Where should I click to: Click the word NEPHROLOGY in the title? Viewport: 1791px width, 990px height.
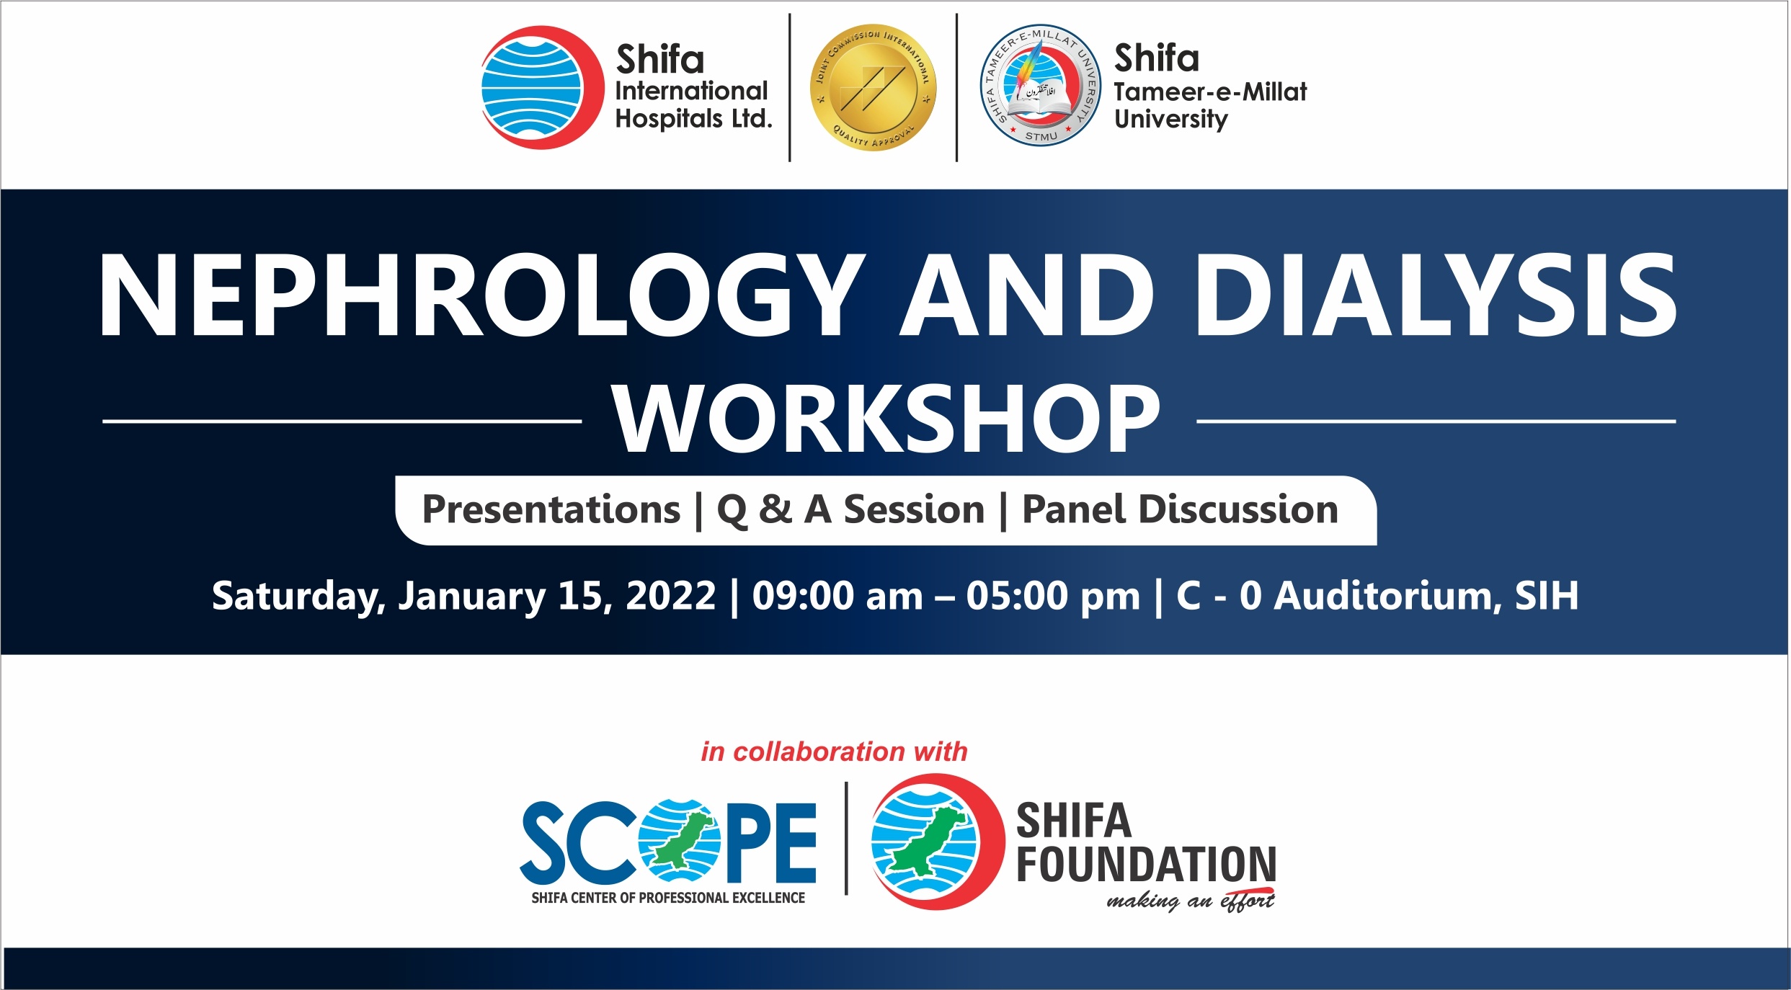point(481,295)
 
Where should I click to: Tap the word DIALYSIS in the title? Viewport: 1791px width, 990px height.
point(1436,295)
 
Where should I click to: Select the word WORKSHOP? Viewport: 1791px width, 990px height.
point(886,419)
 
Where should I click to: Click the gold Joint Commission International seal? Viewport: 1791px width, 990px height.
point(874,87)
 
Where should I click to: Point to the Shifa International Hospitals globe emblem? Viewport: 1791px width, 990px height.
point(542,87)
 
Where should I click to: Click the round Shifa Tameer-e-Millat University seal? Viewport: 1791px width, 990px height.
point(1040,86)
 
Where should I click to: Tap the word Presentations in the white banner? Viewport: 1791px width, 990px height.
point(551,509)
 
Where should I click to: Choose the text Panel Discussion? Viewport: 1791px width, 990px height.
point(1180,509)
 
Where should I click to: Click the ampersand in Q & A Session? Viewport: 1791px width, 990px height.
point(775,509)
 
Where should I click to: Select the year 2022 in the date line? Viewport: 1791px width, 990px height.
point(670,595)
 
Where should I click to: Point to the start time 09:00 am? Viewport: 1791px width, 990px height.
point(837,595)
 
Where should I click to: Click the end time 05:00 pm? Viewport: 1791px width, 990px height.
point(1053,595)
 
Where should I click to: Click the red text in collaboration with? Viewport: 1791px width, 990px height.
point(834,752)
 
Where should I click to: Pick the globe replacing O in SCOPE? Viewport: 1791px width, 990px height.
point(679,840)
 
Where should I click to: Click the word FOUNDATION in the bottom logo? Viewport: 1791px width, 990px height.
point(1146,865)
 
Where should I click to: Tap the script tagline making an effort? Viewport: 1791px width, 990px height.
point(1191,901)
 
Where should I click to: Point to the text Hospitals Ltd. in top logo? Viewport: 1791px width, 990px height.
point(693,119)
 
